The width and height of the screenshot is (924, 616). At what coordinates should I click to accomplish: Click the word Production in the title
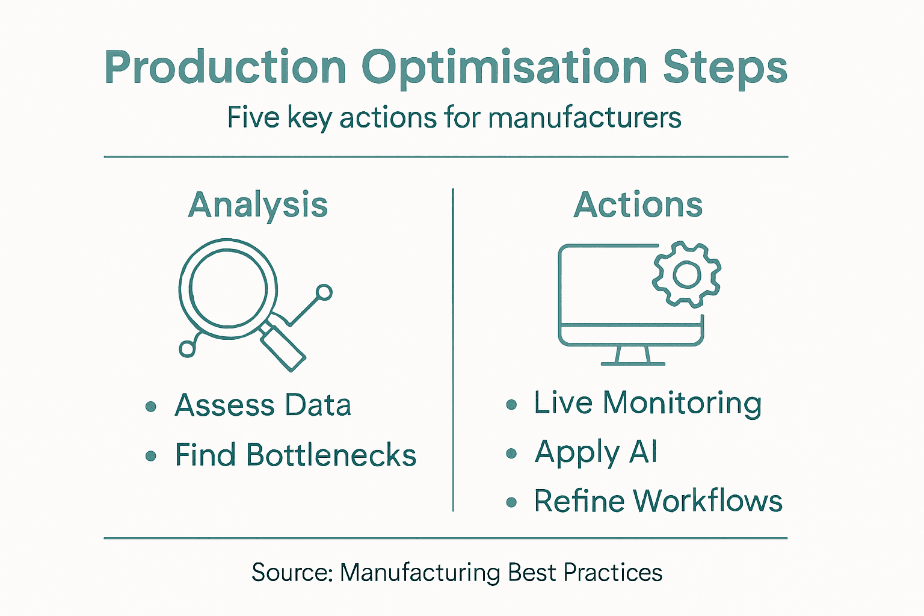pos(226,67)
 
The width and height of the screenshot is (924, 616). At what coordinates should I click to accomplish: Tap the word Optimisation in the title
pos(504,67)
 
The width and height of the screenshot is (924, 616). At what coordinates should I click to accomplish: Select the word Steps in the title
pos(725,67)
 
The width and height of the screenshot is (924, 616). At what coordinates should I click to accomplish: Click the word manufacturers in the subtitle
pos(584,117)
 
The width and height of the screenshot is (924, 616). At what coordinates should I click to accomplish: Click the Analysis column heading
pos(258,205)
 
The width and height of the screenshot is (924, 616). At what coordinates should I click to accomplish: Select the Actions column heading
pos(638,205)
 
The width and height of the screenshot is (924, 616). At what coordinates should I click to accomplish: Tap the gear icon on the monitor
pos(687,275)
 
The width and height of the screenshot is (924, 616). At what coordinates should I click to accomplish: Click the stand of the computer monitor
pos(633,356)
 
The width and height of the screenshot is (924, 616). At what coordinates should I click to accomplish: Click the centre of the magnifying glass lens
pos(228,288)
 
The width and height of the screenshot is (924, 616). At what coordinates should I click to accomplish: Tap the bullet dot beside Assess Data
pos(151,407)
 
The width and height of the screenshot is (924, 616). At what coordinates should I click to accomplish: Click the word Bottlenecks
pos(331,455)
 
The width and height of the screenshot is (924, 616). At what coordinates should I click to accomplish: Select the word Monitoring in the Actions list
pos(682,403)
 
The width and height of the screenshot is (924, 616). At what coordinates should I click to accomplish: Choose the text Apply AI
pos(596,452)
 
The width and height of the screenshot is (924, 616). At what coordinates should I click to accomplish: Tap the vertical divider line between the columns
pos(453,349)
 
